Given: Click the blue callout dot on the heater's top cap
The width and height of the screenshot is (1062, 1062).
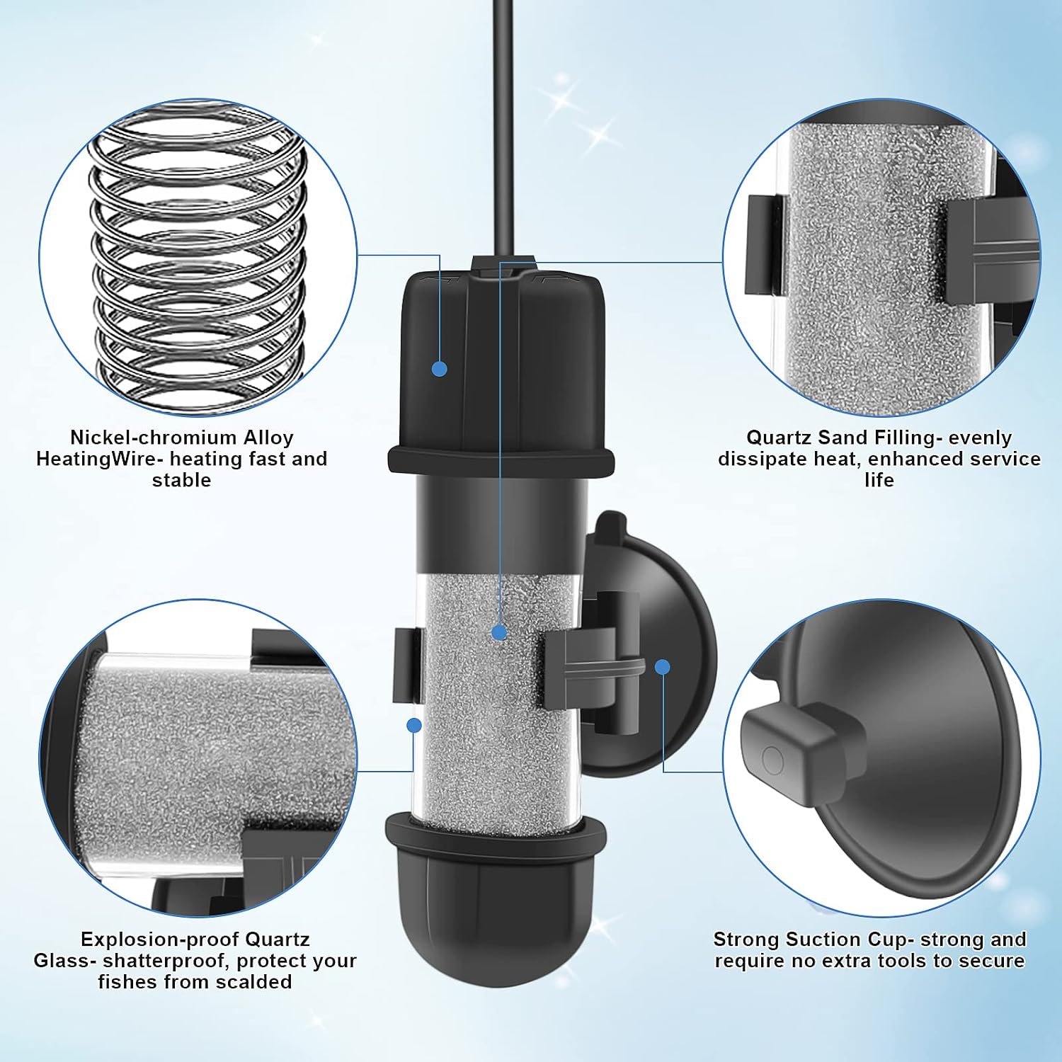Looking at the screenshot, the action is click(440, 368).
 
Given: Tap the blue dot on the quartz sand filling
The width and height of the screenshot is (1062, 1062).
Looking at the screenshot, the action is click(500, 632).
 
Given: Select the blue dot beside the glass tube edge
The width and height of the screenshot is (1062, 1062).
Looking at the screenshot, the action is click(415, 725).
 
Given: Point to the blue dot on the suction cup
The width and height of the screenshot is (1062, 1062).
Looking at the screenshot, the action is click(663, 666).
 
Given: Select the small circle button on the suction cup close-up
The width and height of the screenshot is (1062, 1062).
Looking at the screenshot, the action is click(772, 761).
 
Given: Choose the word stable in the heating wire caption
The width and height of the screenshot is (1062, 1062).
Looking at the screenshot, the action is click(182, 480).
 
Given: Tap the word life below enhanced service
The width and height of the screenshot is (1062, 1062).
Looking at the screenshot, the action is click(879, 480).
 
